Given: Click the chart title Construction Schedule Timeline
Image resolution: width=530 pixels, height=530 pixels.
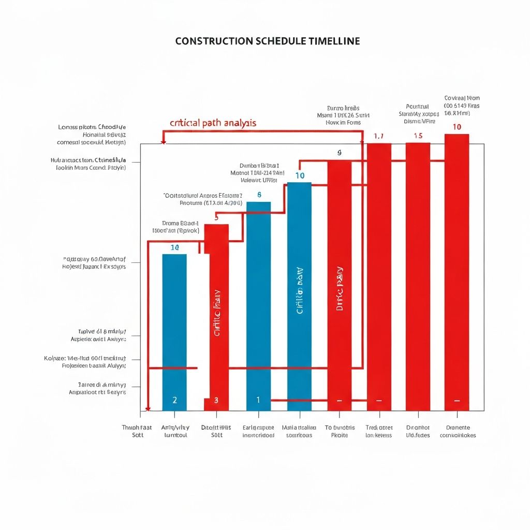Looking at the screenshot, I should click(268, 41).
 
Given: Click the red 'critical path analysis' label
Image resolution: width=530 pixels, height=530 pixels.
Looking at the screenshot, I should click(213, 123).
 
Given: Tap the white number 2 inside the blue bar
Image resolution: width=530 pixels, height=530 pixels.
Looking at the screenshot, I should click(174, 400).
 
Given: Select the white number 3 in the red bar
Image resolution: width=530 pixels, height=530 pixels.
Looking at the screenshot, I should click(216, 400).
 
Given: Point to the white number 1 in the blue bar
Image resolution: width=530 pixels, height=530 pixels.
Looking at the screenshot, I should click(258, 400).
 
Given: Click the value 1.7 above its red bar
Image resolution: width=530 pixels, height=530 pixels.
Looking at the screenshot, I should click(378, 136).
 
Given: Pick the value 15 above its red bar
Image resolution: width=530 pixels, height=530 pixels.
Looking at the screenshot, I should click(418, 136).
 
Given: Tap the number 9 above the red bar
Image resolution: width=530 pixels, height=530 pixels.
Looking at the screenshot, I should click(340, 153).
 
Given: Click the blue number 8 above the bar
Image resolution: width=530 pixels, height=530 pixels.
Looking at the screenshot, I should click(259, 195).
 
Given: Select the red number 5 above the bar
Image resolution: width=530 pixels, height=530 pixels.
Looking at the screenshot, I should click(216, 218).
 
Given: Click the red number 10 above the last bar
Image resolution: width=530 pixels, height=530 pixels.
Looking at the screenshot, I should click(457, 127).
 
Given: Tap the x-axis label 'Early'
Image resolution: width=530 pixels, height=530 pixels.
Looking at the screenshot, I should click(258, 431).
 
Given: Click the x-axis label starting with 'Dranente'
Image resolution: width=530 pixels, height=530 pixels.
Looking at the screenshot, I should click(458, 431).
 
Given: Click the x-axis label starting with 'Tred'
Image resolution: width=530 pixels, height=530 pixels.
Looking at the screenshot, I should click(379, 431).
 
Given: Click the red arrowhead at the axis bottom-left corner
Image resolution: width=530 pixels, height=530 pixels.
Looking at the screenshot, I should click(148, 409).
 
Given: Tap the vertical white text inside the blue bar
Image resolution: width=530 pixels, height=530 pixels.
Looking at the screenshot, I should click(299, 291).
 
